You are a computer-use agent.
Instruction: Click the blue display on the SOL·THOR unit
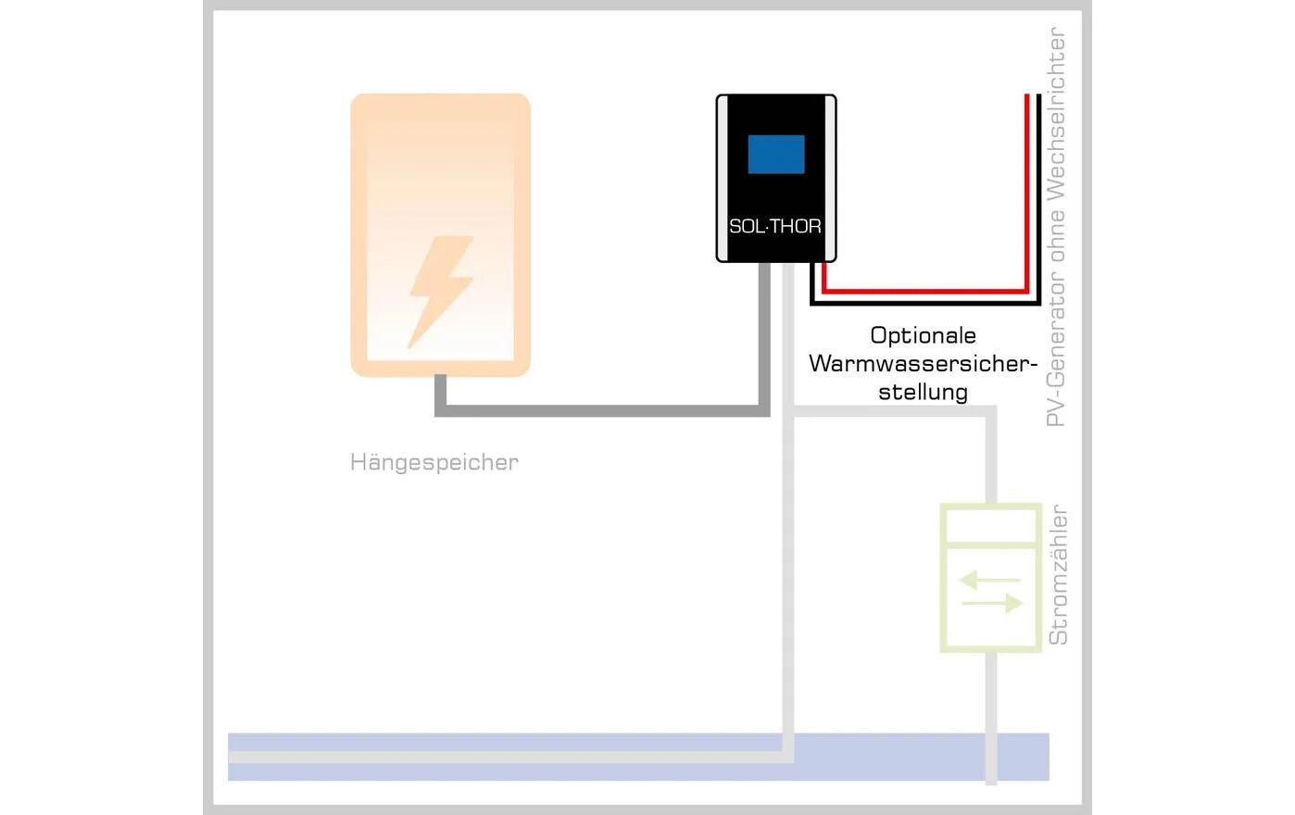point(776,154)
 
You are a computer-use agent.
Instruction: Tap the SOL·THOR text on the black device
point(775,226)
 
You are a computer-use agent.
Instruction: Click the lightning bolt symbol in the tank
point(441,291)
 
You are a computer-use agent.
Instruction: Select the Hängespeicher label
point(434,462)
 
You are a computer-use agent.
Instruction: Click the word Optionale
point(923,335)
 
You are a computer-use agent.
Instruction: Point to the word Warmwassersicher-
point(923,363)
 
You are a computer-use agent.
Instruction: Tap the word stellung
point(923,392)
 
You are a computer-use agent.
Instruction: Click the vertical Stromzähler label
point(1058,575)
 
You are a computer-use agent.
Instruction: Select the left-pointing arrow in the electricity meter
point(988,581)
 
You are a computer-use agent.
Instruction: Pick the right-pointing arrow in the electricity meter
point(993,604)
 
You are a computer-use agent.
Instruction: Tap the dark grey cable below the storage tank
point(602,410)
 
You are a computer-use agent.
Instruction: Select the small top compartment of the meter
point(990,526)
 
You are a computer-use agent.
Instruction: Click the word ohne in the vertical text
point(1056,235)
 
